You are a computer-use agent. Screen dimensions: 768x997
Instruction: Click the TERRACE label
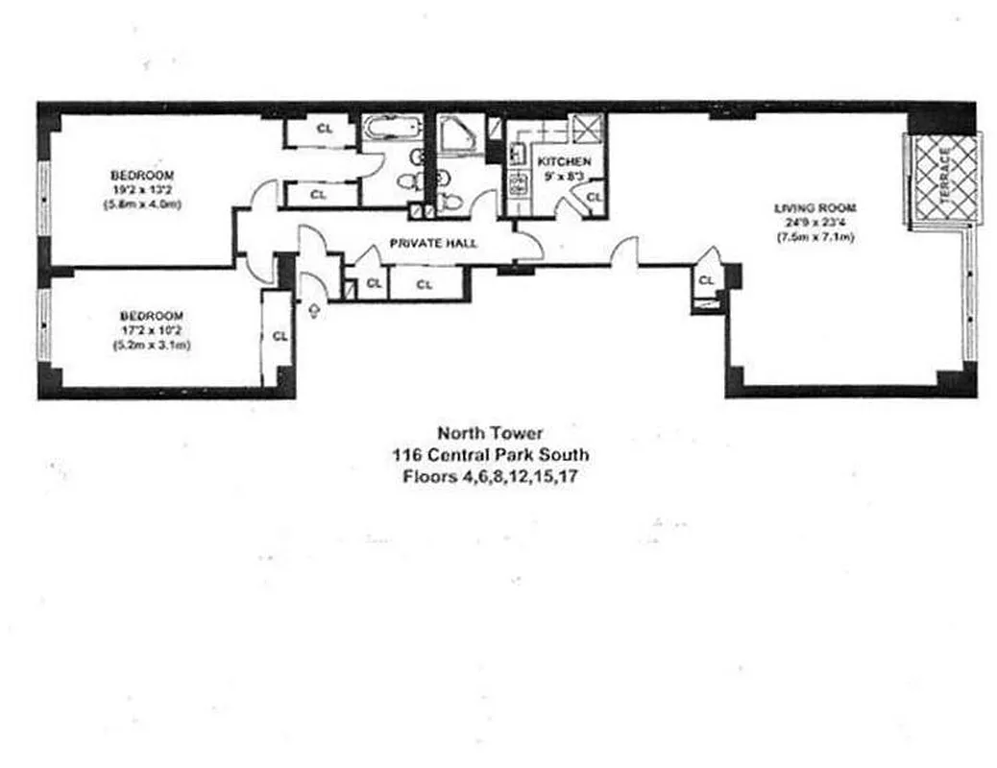pos(945,178)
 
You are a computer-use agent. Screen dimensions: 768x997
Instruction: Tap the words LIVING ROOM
pos(815,207)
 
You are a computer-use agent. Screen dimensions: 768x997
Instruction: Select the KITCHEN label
pos(564,161)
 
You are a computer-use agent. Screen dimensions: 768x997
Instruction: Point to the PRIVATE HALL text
pos(433,244)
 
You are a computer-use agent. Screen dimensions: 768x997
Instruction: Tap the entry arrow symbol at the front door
pos(315,309)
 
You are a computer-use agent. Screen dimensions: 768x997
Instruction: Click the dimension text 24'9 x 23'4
pos(815,223)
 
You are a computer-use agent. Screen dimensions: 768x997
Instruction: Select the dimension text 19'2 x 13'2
pos(142,189)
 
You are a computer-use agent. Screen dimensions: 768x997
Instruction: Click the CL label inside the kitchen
pos(594,197)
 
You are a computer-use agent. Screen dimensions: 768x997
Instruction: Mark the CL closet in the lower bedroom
pos(280,336)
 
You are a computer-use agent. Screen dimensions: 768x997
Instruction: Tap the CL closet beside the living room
pos(706,280)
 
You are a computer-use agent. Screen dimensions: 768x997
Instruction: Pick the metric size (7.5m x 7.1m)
pos(815,237)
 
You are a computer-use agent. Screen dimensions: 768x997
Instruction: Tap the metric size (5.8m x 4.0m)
pos(142,204)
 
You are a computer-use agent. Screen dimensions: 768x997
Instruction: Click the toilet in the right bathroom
pos(450,200)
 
